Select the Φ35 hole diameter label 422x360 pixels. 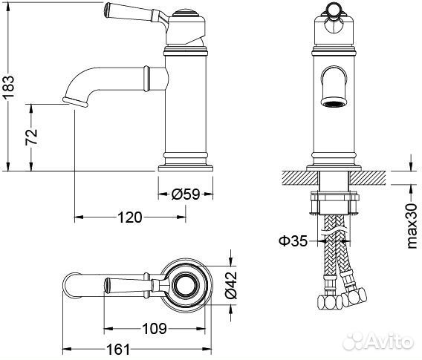tap(293, 240)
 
